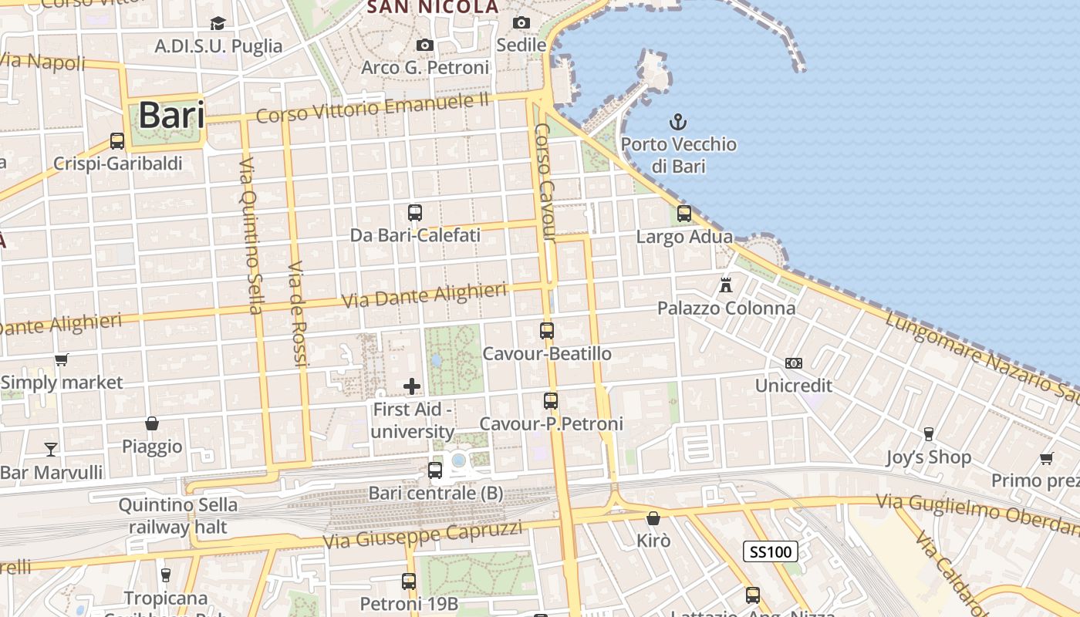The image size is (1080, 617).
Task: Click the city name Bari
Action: pyautogui.click(x=172, y=115)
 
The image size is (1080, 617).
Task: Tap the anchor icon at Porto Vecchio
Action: pyautogui.click(x=677, y=121)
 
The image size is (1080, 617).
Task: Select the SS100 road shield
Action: pyautogui.click(x=771, y=551)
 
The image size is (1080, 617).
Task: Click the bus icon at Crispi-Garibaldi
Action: pyautogui.click(x=117, y=141)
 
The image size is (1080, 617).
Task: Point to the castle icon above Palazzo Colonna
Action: pyautogui.click(x=725, y=285)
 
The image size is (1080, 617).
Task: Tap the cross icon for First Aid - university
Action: pyautogui.click(x=412, y=386)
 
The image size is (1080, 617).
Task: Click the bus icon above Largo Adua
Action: pyautogui.click(x=683, y=214)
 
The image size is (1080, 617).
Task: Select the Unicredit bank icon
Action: pyautogui.click(x=793, y=362)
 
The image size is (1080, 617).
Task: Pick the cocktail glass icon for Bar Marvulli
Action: pyautogui.click(x=51, y=449)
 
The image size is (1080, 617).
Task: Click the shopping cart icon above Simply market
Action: pyautogui.click(x=61, y=359)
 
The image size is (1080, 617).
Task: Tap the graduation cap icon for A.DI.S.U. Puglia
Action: pyautogui.click(x=218, y=23)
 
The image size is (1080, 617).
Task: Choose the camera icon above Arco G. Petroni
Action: pyautogui.click(x=424, y=45)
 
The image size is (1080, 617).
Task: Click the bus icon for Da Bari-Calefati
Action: pyautogui.click(x=415, y=212)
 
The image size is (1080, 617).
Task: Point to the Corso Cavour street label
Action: pyautogui.click(x=545, y=182)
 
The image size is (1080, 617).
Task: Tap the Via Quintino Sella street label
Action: pyautogui.click(x=251, y=235)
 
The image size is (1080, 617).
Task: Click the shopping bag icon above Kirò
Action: pyautogui.click(x=653, y=518)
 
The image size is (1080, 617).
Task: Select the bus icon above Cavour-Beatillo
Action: pyautogui.click(x=547, y=331)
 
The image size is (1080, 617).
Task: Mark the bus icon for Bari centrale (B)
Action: pyautogui.click(x=435, y=470)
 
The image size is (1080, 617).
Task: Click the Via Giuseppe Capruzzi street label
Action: pyautogui.click(x=423, y=534)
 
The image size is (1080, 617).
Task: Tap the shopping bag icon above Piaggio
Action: pyautogui.click(x=152, y=423)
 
